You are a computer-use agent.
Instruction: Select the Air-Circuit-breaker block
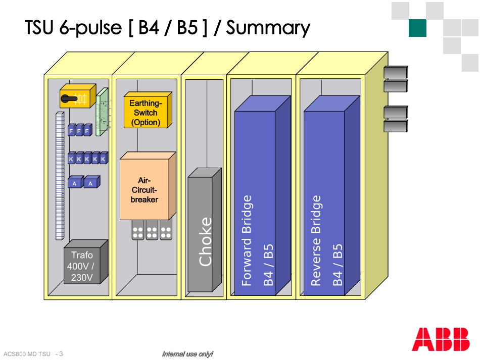tap(145, 190)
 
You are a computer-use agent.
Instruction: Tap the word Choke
tap(206, 241)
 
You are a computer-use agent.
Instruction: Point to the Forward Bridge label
tap(247, 241)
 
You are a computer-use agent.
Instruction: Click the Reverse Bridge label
tap(316, 241)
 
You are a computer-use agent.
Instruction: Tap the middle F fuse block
tap(79, 131)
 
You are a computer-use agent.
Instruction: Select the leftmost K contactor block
tap(71, 159)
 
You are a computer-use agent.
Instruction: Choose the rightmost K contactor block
tap(103, 159)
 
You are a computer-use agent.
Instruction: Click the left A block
tap(75, 183)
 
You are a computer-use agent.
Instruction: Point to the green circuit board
tap(103, 112)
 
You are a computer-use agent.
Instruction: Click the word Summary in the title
tap(268, 28)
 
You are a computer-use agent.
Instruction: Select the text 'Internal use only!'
tap(187, 354)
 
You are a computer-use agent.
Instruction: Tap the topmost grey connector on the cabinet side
tap(395, 72)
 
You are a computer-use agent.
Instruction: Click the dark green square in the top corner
tap(418, 28)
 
